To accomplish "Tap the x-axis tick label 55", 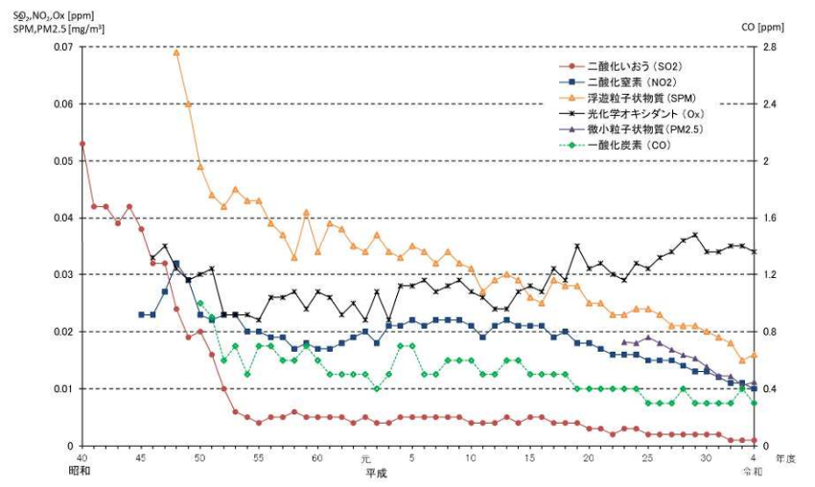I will coord(259,459).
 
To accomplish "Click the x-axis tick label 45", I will coord(141,459).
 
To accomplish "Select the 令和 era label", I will coord(754,473).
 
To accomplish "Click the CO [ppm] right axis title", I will coord(763,26).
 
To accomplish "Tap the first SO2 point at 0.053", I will coord(82,144).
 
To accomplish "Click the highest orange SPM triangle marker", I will coord(176,52).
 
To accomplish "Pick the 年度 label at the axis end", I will coord(785,459).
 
